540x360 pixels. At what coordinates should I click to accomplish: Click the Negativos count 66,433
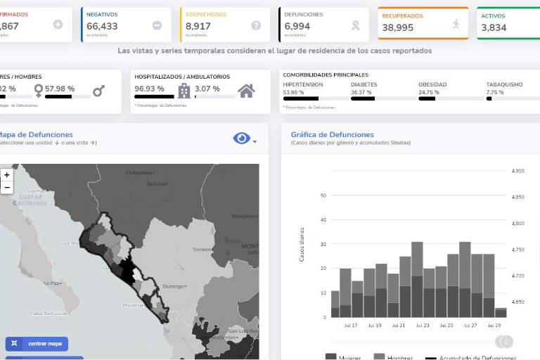point(102,27)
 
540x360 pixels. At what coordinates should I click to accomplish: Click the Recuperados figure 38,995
point(398,27)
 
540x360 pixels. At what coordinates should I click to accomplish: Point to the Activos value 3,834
point(494,27)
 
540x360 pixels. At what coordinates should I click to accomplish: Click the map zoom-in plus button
point(7,174)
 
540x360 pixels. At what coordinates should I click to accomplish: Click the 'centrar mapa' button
point(37,344)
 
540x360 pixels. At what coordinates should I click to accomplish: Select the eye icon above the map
point(241,139)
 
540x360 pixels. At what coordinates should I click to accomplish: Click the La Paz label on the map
point(50,283)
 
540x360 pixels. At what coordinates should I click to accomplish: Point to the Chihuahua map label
point(139,172)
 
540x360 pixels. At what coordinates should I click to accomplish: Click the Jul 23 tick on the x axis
point(422,326)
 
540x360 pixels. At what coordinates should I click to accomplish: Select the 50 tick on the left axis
point(323,195)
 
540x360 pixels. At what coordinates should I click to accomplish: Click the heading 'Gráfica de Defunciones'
point(332,134)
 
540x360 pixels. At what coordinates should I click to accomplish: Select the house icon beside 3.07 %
point(246,90)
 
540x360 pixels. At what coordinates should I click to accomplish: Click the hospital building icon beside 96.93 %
point(184,90)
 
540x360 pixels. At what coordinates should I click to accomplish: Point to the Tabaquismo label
point(504,84)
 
